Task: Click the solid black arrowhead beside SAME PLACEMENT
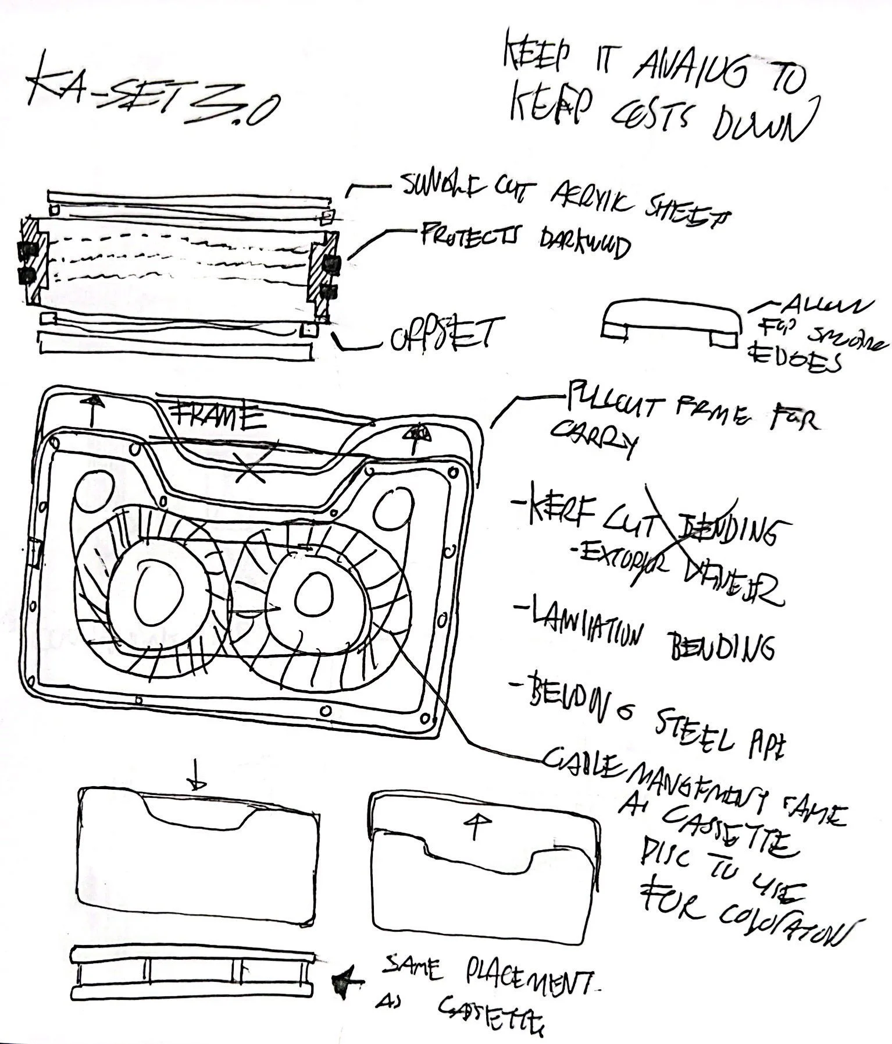(x=345, y=983)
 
